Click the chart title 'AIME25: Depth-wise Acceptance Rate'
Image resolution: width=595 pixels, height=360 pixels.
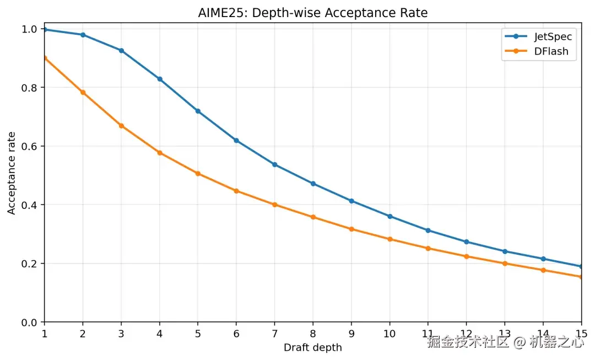313,13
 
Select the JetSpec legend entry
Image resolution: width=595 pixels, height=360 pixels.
538,36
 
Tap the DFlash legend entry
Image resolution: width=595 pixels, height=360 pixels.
537,51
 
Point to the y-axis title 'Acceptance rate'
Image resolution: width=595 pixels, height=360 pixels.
12,173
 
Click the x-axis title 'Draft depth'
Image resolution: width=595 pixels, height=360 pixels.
313,347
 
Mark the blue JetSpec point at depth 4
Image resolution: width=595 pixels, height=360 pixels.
160,79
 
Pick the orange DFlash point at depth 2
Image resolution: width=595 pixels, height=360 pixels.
83,92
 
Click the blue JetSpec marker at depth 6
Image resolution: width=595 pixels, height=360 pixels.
236,141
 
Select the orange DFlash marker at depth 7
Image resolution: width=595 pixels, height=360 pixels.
275,205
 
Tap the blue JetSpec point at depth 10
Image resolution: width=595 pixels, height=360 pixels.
390,217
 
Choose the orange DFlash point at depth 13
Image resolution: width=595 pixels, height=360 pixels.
505,264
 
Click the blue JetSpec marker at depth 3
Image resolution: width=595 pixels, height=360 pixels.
121,51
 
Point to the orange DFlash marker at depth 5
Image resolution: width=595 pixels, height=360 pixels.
198,174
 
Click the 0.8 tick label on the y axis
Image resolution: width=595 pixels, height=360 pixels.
29,88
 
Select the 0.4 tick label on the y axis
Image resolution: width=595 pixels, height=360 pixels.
29,205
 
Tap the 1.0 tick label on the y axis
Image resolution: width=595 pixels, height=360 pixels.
29,29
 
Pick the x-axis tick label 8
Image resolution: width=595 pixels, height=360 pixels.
313,334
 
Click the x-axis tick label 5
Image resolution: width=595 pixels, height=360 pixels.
198,334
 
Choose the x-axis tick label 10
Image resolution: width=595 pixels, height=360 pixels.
390,334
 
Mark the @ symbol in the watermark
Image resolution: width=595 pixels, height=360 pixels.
520,342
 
